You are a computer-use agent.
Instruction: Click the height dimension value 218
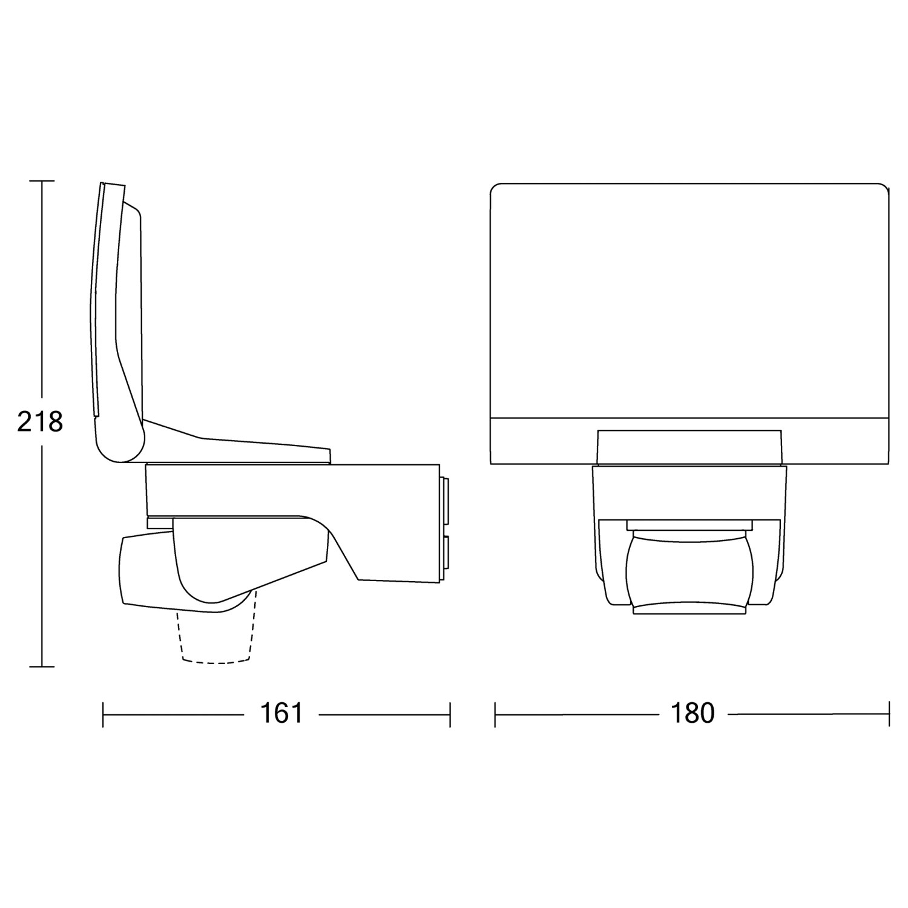click(x=40, y=422)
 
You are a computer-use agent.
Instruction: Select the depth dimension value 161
click(x=281, y=714)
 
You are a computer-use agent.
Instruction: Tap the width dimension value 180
click(x=693, y=714)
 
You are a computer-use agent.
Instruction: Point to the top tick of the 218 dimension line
click(x=42, y=181)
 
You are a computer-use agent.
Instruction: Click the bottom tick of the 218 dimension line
click(x=42, y=666)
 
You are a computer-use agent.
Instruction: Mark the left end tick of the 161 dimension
click(x=104, y=714)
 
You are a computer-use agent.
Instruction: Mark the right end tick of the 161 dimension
click(x=450, y=714)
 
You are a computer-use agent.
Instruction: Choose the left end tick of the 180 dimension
click(x=495, y=714)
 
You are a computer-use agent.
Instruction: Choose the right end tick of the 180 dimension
click(x=889, y=714)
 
